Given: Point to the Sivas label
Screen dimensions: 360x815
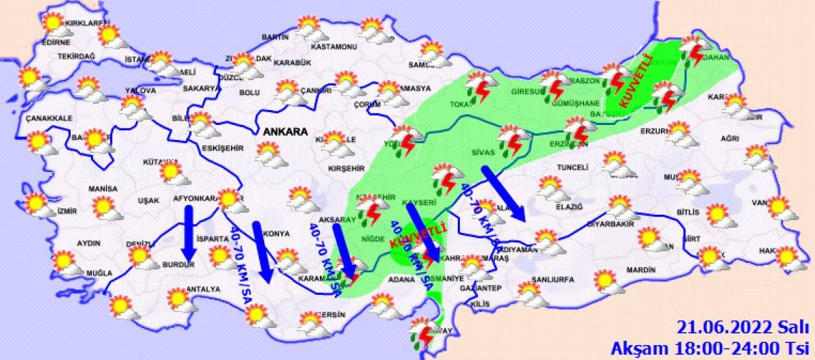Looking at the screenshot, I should pyautogui.click(x=483, y=153).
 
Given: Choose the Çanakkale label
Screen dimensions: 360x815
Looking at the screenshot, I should pyautogui.click(x=49, y=118).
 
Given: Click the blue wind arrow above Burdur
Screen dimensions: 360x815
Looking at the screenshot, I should pyautogui.click(x=189, y=235).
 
